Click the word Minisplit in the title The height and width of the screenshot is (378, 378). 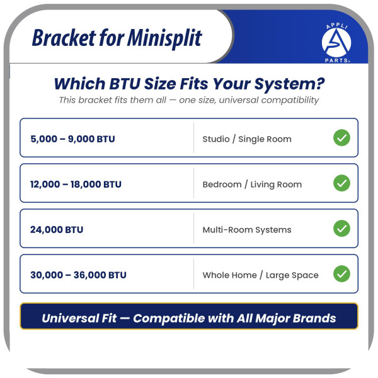coord(164,38)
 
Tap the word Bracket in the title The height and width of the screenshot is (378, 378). coord(64,38)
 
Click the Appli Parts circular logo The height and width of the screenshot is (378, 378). coord(336,43)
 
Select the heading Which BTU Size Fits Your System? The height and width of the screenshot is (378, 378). coord(189,84)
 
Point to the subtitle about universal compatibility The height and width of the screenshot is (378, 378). coord(189,100)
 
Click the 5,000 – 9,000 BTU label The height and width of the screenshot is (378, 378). coord(73,139)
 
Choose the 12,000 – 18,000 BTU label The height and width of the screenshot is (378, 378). coord(76,184)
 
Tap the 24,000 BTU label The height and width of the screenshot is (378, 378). coord(57,229)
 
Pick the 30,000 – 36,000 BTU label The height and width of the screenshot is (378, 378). coord(78,275)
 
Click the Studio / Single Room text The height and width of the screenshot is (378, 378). coord(247,139)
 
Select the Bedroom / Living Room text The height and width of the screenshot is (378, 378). coord(252,185)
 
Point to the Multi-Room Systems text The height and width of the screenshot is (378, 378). coord(247,230)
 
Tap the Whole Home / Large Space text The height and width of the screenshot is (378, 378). coord(261,275)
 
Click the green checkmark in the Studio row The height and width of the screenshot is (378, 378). coord(342,137)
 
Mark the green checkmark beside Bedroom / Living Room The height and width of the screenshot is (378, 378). coord(342,183)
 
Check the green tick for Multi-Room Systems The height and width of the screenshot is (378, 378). coord(342,228)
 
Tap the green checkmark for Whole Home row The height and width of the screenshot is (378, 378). coord(342,273)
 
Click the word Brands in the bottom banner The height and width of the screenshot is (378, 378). coord(314,318)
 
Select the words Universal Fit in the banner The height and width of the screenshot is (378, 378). coord(79,318)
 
